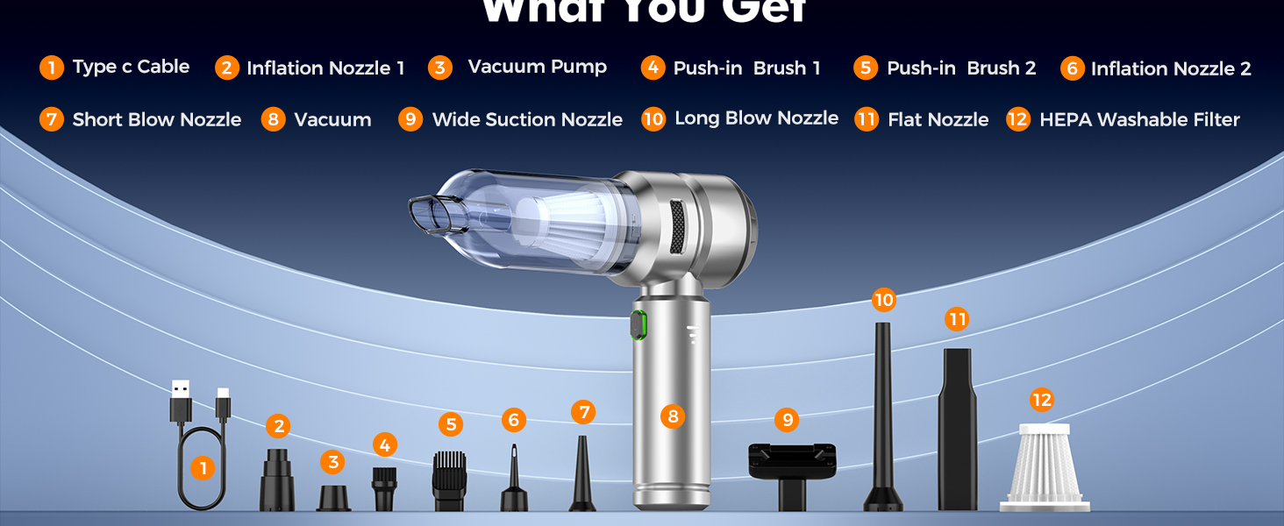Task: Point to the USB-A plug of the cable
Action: point(180,402)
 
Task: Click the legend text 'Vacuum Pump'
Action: point(537,68)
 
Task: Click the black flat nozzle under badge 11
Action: point(957,430)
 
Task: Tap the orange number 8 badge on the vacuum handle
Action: point(673,416)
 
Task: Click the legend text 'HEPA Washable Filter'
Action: point(1139,120)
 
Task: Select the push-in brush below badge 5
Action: point(449,480)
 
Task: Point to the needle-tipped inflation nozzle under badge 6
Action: point(514,482)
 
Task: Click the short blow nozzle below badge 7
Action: point(581,478)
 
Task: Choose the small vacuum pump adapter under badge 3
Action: point(333,497)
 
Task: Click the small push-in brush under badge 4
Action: point(384,487)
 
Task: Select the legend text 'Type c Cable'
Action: point(131,68)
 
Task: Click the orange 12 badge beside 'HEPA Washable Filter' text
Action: point(1017,119)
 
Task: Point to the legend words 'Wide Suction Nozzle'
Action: point(527,120)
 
